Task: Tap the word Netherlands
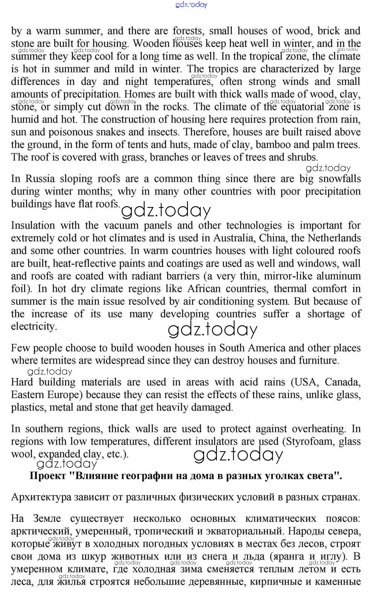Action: tap(334, 238)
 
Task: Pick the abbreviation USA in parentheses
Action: tap(305, 382)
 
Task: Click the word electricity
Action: tap(33, 326)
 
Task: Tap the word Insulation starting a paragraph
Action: tap(33, 226)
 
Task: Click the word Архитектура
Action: tap(41, 497)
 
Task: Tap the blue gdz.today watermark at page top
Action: tap(191, 5)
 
